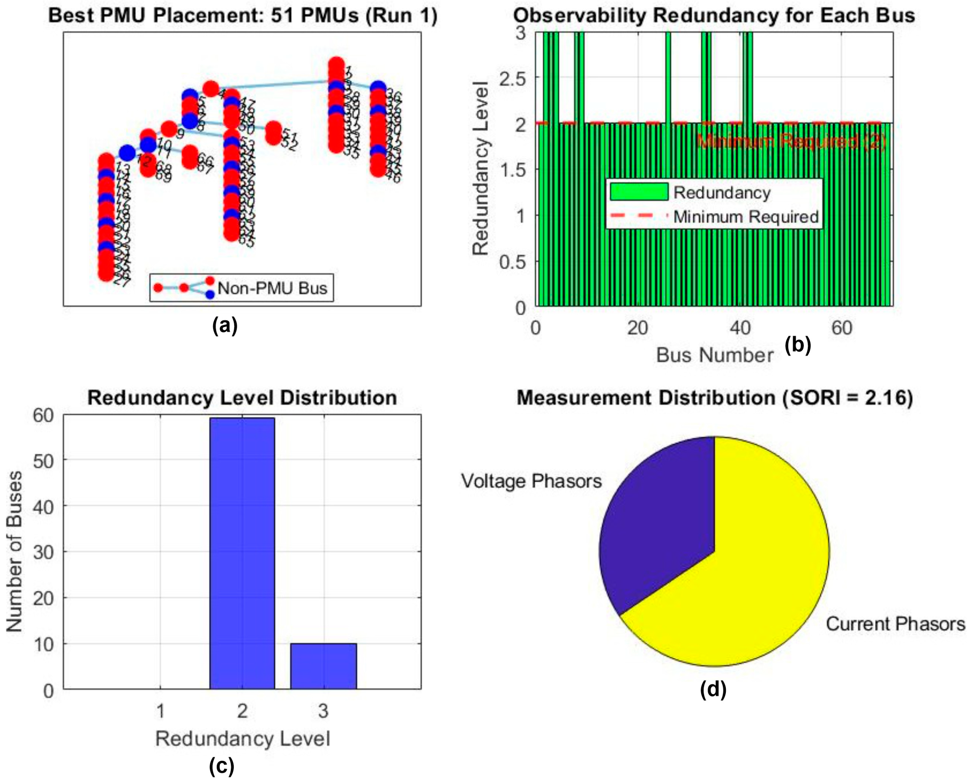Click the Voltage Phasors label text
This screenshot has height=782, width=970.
531,481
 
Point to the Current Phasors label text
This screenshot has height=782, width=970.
895,624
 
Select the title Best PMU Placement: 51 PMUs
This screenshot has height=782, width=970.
243,16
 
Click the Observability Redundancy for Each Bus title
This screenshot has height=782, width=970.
714,16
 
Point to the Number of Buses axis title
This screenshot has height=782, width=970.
15,552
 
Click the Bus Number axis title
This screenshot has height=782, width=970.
715,356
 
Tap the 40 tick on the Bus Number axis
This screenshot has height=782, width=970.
740,328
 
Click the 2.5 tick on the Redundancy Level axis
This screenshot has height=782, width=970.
512,78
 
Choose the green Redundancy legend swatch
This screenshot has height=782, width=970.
639,192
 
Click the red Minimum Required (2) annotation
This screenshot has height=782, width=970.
792,142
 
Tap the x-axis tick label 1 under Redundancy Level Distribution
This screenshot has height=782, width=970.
161,711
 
